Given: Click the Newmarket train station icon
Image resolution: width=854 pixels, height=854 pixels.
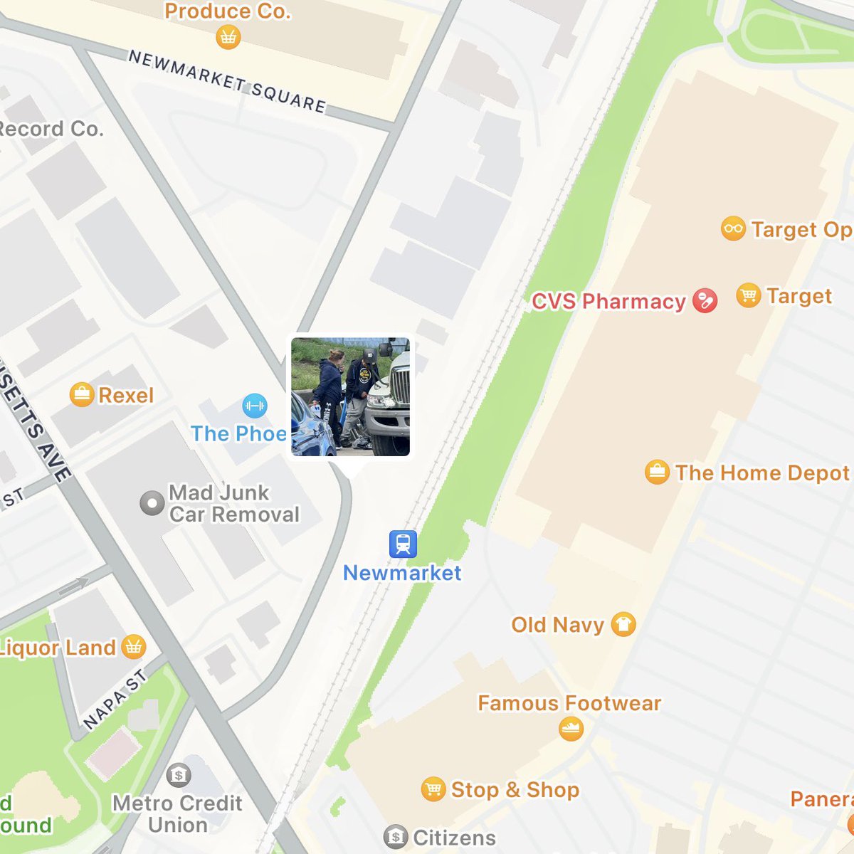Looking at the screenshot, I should [403, 544].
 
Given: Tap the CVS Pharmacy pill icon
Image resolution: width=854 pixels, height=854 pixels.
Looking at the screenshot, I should [705, 301].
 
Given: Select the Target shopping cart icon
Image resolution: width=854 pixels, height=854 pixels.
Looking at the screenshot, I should [748, 295].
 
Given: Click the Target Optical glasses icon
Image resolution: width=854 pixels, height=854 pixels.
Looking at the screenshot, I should [733, 229].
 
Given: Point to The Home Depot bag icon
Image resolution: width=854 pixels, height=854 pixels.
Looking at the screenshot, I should [657, 473].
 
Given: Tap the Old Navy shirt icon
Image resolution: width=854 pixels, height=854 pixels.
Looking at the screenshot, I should [623, 625].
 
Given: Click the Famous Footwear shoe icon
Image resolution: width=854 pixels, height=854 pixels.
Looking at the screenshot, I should [571, 729].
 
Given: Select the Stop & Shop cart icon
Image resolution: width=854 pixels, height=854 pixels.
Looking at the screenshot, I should [433, 789].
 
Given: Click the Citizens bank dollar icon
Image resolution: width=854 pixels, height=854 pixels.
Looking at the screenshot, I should [396, 837].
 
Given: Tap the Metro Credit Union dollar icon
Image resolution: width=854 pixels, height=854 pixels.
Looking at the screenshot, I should [179, 775].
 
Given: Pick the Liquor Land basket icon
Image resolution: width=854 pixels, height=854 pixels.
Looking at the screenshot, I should [133, 647].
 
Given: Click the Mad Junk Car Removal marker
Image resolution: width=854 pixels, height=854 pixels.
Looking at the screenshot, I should [152, 503].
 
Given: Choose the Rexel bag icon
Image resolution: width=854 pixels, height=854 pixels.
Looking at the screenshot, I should [82, 395].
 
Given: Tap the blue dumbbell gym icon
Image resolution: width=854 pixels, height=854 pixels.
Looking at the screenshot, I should [254, 406].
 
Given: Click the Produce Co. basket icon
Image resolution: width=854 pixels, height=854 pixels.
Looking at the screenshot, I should [228, 37].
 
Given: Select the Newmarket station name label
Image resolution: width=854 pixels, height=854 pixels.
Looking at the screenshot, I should [402, 573].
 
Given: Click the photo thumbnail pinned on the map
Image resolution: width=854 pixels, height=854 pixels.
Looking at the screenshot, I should [350, 396].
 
